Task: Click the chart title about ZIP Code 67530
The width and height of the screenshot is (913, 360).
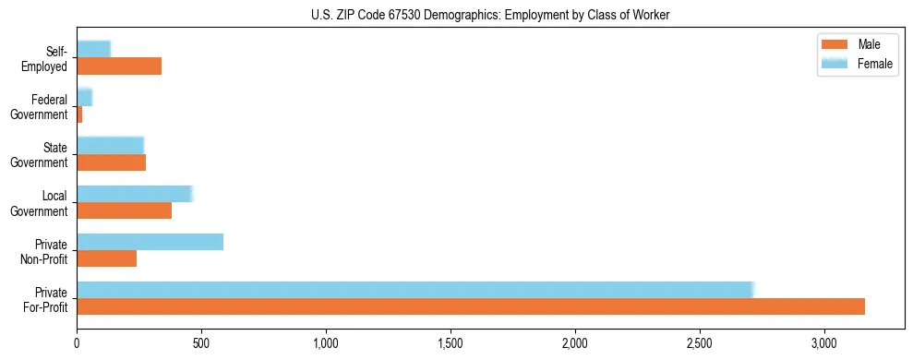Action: [456, 15]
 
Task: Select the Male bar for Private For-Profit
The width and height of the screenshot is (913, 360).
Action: [471, 306]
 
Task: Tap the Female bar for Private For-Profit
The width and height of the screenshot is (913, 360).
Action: [414, 290]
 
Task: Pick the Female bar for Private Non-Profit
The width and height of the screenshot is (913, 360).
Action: [150, 242]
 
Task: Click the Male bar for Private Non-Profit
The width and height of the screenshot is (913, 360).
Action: [106, 258]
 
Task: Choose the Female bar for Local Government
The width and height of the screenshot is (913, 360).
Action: [134, 194]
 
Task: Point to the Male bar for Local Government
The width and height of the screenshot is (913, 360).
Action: [124, 210]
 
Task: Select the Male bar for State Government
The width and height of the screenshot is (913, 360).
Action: [111, 162]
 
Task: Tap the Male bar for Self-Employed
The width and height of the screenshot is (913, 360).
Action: [119, 66]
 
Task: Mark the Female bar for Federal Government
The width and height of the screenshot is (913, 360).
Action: [84, 98]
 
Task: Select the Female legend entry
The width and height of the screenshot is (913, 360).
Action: [859, 63]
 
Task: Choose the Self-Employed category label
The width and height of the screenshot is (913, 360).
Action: [46, 58]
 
